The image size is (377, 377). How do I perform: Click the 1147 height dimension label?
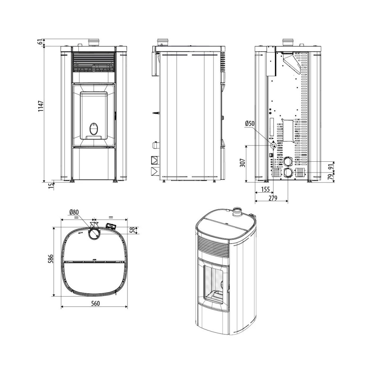click(41, 106)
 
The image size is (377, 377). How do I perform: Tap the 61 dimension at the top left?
click(41, 42)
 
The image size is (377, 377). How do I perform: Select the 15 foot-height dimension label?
click(51, 186)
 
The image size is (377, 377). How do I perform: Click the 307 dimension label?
click(242, 163)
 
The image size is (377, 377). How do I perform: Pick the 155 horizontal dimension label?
click(265, 190)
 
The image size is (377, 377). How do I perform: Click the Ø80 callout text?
click(74, 212)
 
